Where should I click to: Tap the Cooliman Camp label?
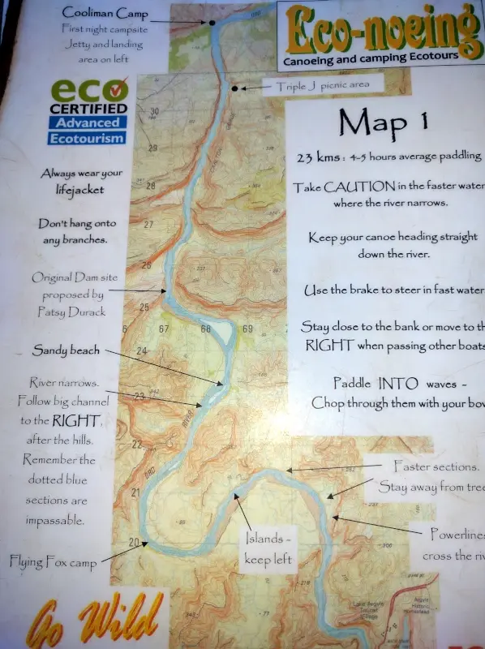pyautogui.click(x=99, y=14)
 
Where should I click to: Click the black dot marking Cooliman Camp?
pyautogui.click(x=212, y=23)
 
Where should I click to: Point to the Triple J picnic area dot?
pyautogui.click(x=235, y=88)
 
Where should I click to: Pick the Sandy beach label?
pyautogui.click(x=67, y=350)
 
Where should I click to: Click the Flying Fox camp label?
pyautogui.click(x=54, y=561)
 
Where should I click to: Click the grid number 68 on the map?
pyautogui.click(x=206, y=329)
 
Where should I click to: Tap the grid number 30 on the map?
pyautogui.click(x=154, y=112)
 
